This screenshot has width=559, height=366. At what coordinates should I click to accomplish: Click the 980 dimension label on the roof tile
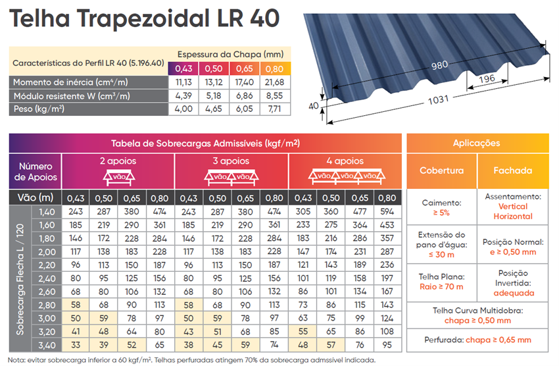[439, 65]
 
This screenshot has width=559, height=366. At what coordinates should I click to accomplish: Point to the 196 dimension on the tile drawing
[487, 78]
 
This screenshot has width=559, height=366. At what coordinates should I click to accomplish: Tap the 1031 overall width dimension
[438, 100]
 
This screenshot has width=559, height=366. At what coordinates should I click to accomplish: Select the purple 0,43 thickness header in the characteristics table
[183, 68]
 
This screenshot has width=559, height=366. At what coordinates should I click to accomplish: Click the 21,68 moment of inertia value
[274, 82]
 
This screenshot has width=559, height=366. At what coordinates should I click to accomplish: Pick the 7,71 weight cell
[274, 109]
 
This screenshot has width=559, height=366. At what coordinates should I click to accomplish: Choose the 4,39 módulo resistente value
[183, 95]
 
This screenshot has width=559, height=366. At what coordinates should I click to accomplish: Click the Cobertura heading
[441, 170]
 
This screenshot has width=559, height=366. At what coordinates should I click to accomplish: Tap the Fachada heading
[513, 170]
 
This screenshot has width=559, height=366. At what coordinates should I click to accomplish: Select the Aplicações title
[476, 143]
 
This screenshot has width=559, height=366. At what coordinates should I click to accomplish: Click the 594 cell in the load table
[387, 211]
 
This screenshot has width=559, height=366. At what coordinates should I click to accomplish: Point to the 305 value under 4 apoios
[303, 211]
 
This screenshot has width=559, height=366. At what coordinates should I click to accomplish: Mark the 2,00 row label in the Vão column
[47, 252]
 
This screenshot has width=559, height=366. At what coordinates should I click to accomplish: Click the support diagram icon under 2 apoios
[119, 177]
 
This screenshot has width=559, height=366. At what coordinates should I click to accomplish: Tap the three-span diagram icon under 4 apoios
[347, 176]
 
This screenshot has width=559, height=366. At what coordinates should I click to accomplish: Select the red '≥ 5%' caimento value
[441, 213]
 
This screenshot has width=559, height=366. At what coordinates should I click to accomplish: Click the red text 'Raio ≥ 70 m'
[441, 287]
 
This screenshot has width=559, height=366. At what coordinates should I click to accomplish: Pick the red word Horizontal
[513, 216]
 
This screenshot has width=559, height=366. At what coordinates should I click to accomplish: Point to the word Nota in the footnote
[15, 360]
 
